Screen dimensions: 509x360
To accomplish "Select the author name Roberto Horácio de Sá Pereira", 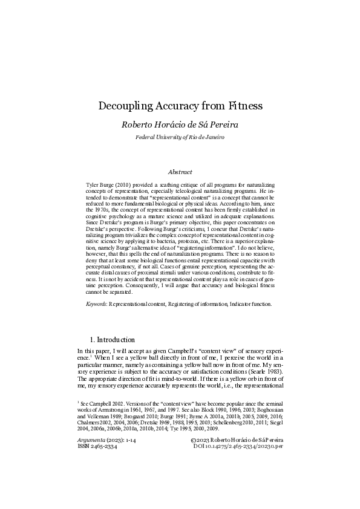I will click(x=180, y=126).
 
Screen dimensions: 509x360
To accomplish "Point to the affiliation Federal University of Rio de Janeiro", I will click(x=180, y=138).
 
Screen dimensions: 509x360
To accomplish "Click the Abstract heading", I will click(x=180, y=172).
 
